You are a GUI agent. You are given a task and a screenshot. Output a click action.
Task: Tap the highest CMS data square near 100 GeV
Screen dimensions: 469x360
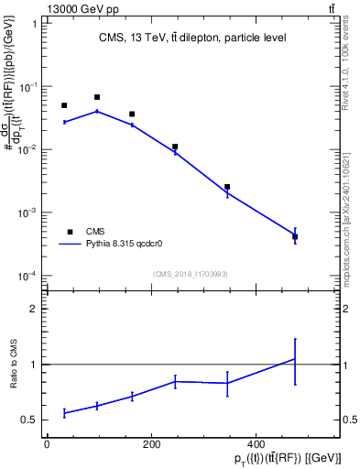(97, 97)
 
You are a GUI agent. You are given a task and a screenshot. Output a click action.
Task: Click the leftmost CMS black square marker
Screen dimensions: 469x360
(64, 105)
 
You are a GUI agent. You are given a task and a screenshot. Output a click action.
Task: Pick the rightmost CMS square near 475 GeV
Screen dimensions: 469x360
(295, 236)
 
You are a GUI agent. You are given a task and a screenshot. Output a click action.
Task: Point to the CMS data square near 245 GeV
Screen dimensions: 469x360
(175, 147)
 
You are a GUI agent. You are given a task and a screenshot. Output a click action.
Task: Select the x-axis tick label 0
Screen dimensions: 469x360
(47, 446)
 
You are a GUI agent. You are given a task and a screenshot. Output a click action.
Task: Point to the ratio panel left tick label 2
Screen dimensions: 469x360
(33, 309)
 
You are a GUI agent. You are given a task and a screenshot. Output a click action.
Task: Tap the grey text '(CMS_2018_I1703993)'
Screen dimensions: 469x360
(191, 274)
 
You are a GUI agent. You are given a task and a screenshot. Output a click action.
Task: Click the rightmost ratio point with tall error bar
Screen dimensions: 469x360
(295, 359)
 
